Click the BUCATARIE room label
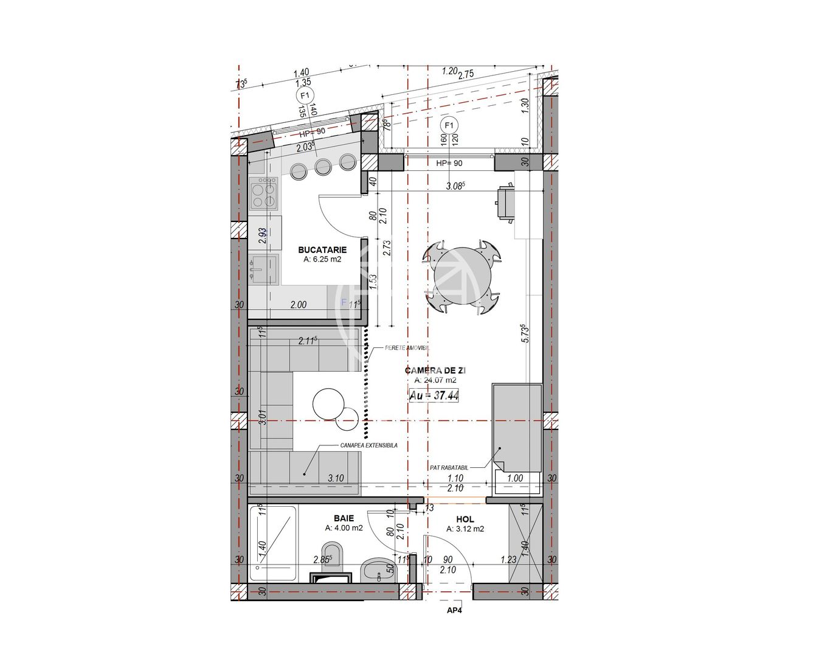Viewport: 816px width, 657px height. click(x=322, y=249)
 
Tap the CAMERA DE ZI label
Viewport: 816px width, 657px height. click(x=435, y=370)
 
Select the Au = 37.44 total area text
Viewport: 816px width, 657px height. click(x=434, y=395)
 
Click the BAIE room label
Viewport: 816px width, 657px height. click(x=344, y=518)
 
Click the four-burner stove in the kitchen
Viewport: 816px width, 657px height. click(x=264, y=193)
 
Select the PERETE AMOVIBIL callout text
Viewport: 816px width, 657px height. click(x=407, y=348)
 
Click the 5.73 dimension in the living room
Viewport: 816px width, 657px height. click(x=526, y=333)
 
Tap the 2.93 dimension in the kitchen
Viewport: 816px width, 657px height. click(x=262, y=235)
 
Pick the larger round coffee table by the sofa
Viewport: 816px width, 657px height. click(x=329, y=403)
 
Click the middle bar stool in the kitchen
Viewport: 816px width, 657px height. click(x=323, y=167)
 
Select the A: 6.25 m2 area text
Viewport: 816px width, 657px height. click(x=322, y=259)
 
